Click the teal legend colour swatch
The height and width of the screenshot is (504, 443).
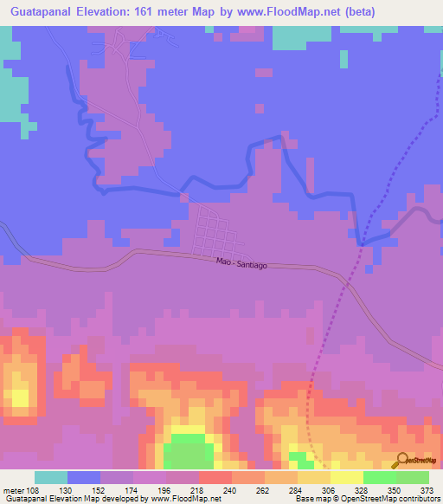tap(51, 477)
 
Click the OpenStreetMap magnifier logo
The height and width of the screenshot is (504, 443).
tap(401, 462)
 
